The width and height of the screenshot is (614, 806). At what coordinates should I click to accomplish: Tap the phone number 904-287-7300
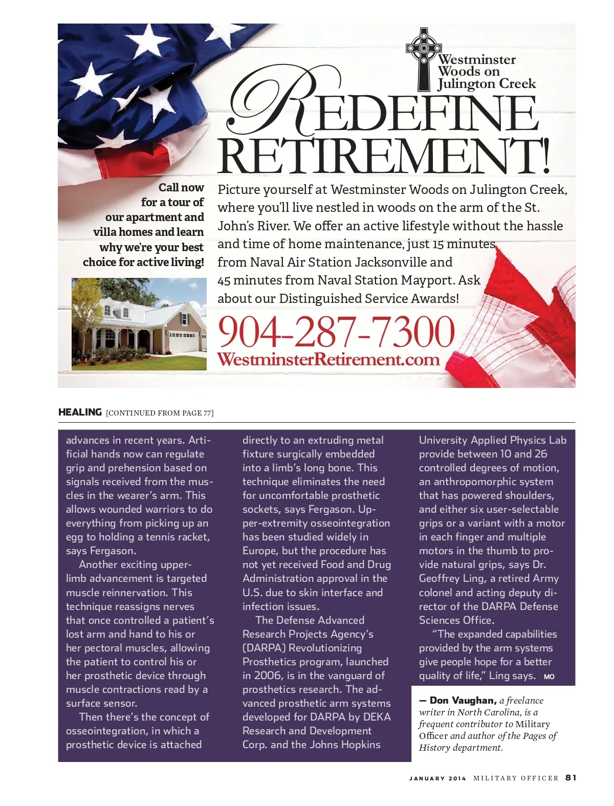click(x=336, y=331)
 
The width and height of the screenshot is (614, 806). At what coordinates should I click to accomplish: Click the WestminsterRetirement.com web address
click(x=328, y=359)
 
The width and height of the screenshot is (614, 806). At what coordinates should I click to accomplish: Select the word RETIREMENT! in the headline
click(x=384, y=155)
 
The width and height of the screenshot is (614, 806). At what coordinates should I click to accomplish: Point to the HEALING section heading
click(x=80, y=412)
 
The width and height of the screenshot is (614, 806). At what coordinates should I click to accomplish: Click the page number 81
click(x=571, y=778)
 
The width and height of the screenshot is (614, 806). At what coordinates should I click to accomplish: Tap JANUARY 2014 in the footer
click(x=437, y=778)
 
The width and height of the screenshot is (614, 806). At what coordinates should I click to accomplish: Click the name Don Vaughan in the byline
click(x=463, y=701)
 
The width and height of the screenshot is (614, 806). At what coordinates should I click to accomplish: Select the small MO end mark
click(x=549, y=677)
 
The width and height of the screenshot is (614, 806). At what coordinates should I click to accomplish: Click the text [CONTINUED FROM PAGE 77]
click(x=160, y=413)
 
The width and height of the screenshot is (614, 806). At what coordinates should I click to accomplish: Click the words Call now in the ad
click(x=181, y=187)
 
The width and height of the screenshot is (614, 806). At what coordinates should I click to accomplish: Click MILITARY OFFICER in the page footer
click(x=516, y=778)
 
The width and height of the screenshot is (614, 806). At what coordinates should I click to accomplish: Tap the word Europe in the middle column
click(x=260, y=551)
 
